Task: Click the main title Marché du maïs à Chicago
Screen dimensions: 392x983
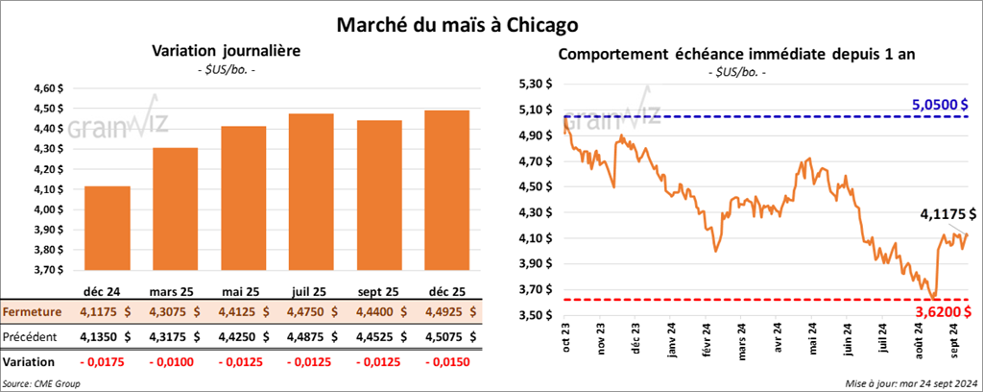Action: point(491,22)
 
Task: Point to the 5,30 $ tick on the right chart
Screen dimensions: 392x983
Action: point(534,84)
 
